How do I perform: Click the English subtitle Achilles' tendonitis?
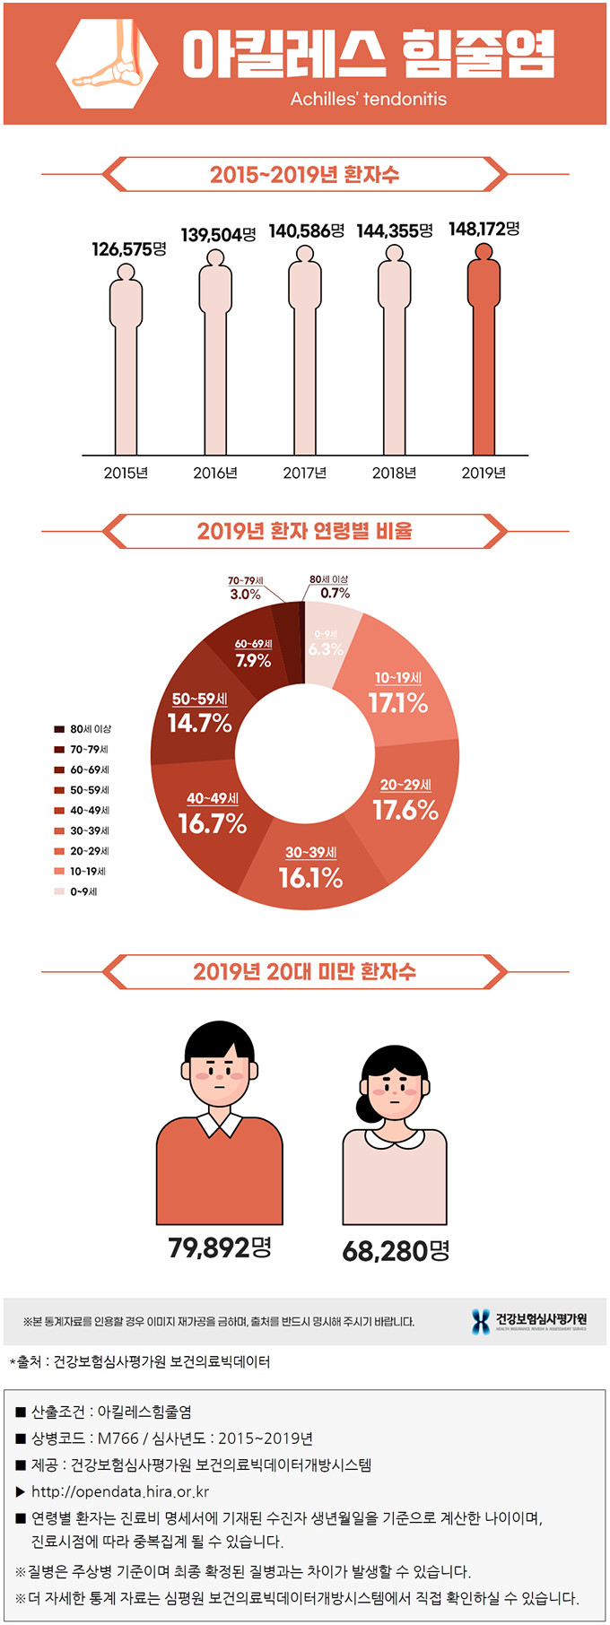[x=368, y=99]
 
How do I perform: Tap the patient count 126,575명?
[x=129, y=249]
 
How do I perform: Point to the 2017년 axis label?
[x=305, y=473]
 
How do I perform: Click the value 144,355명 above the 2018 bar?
[x=395, y=231]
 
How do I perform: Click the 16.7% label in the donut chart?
[x=213, y=823]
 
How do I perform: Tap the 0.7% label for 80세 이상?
[x=335, y=593]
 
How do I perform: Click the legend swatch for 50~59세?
[x=59, y=790]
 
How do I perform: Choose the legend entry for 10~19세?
[x=88, y=871]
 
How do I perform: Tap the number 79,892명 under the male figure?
[x=220, y=1247]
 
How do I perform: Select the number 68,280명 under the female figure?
[x=396, y=1250]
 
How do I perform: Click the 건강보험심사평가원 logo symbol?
[x=481, y=1321]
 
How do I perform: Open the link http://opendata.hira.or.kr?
[x=120, y=1492]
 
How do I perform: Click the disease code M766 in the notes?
[x=118, y=1438]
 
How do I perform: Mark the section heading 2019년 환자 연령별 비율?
[x=305, y=531]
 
